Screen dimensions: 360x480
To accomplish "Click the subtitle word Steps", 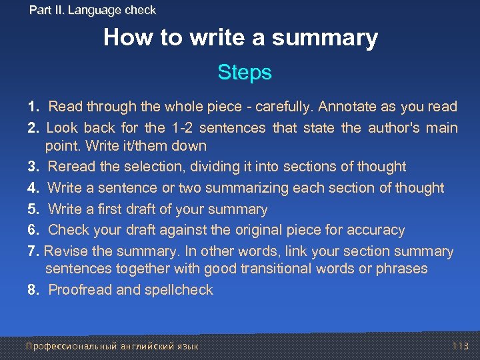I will click(x=245, y=72).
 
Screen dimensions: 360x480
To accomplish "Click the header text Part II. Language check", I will click(x=93, y=10).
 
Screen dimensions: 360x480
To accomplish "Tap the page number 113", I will click(x=461, y=346).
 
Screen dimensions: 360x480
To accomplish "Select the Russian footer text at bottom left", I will click(x=112, y=346).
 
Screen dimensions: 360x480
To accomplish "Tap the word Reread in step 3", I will click(x=71, y=167).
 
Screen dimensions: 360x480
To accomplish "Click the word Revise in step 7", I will click(x=65, y=251).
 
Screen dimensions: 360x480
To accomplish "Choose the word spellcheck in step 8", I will click(x=180, y=290).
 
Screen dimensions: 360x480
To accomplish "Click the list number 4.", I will click(x=32, y=188).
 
